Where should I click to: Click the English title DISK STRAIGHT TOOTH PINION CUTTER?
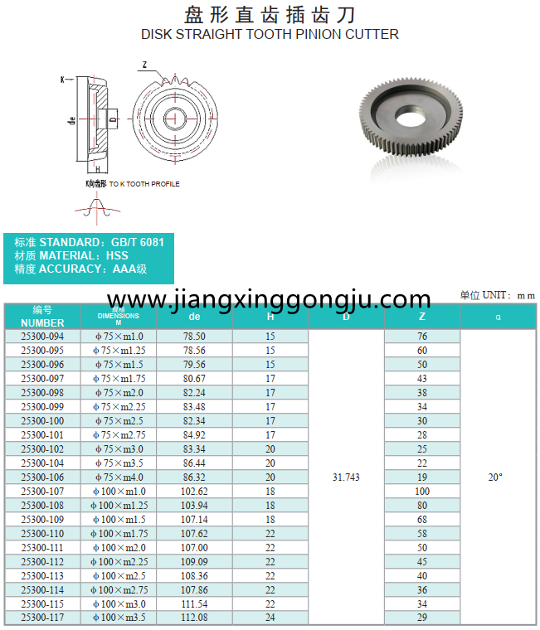pyautogui.click(x=270, y=35)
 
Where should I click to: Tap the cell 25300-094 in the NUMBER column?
pyautogui.click(x=42, y=337)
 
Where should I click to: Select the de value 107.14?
pyautogui.click(x=194, y=519)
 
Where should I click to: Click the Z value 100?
pyautogui.click(x=422, y=491)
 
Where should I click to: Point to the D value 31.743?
pyautogui.click(x=346, y=477)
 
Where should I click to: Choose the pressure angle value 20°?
pyautogui.click(x=495, y=477)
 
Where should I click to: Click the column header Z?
pyautogui.click(x=422, y=317)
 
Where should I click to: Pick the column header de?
pyautogui.click(x=194, y=317)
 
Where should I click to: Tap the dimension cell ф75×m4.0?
pyautogui.click(x=118, y=477)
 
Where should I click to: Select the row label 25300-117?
pyautogui.click(x=42, y=618)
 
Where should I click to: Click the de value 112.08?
pyautogui.click(x=194, y=618)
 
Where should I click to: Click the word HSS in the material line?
pyautogui.click(x=117, y=255)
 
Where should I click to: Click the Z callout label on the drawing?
pyautogui.click(x=144, y=65)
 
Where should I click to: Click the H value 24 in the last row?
pyautogui.click(x=270, y=618)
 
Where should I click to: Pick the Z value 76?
pyautogui.click(x=422, y=337)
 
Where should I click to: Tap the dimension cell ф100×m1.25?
pyautogui.click(x=118, y=505)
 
